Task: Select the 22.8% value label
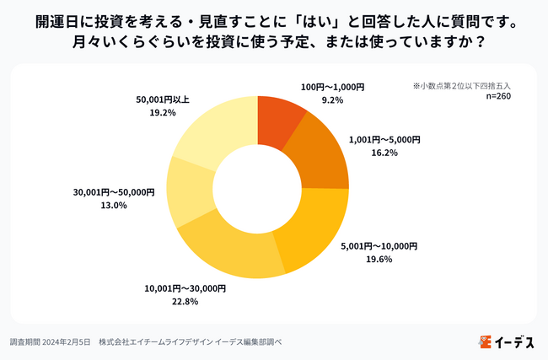click(x=174, y=301)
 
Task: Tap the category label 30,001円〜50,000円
click(x=115, y=192)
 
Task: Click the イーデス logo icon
click(x=484, y=341)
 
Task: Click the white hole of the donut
click(x=256, y=188)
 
